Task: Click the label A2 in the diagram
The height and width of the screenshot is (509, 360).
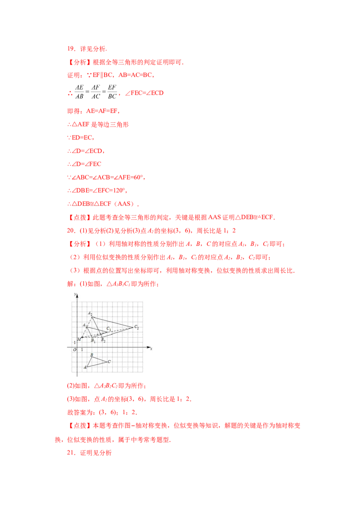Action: [x=90, y=313]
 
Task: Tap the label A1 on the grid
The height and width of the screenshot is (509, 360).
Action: [x=84, y=325]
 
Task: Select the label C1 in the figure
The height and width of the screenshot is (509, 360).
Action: [x=109, y=329]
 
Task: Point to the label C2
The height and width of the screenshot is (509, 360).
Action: [x=136, y=328]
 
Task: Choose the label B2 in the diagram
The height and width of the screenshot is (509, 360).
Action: [x=103, y=340]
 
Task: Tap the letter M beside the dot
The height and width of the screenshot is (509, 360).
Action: [x=79, y=339]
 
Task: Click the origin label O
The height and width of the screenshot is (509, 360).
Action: [x=75, y=350]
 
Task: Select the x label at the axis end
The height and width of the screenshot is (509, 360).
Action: [x=151, y=348]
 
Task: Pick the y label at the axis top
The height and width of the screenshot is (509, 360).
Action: [x=75, y=295]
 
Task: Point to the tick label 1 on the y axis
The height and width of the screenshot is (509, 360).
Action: [x=75, y=343]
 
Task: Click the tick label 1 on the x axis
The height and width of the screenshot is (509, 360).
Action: [x=82, y=350]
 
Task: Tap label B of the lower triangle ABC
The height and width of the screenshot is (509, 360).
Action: [x=91, y=355]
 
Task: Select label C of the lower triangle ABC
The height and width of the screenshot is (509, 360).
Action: [x=109, y=361]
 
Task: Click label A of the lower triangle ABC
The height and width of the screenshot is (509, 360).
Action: [x=85, y=367]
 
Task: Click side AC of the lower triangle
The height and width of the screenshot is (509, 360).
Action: [x=98, y=364]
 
